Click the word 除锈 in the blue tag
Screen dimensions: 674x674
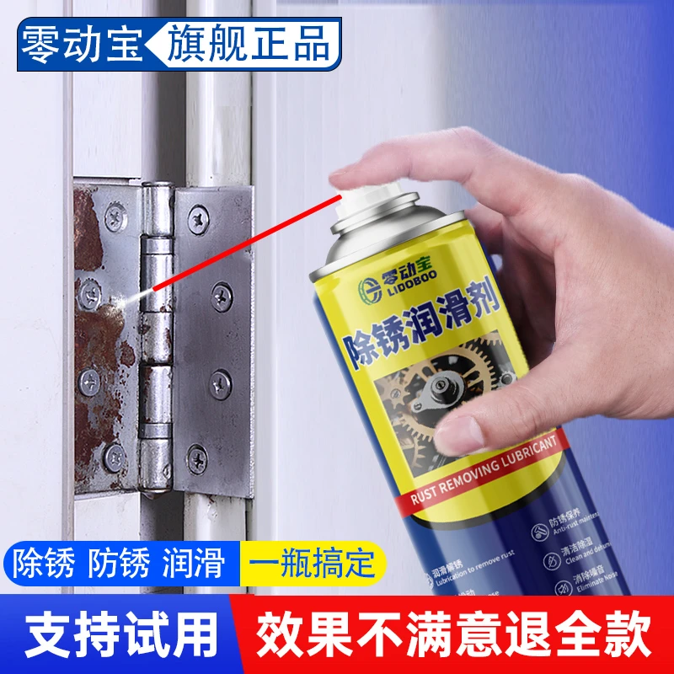tap(46, 562)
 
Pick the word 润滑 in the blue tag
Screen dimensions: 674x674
tap(201, 562)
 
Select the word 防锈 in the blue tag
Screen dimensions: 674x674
tap(124, 562)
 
